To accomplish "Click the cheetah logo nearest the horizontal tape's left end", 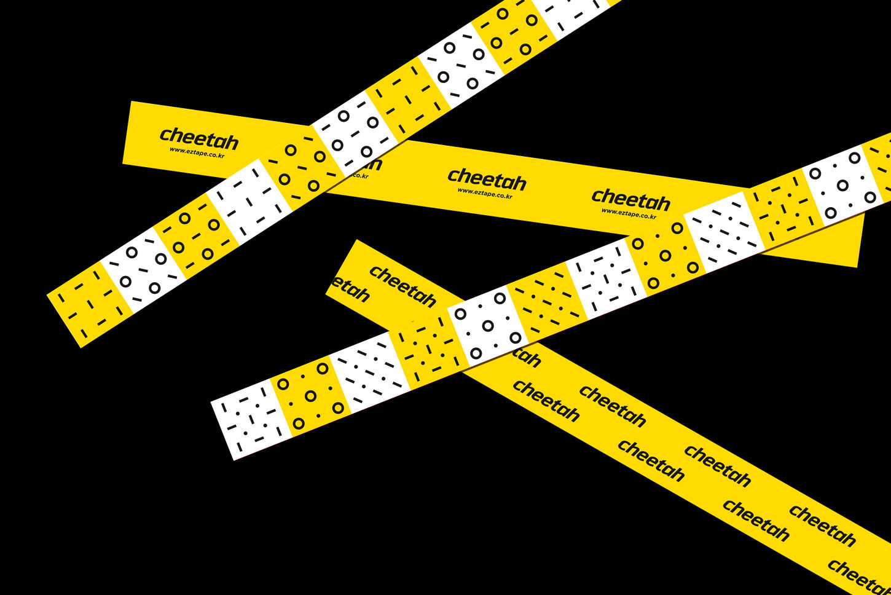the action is [x=198, y=139].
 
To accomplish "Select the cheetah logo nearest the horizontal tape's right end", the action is [x=630, y=200].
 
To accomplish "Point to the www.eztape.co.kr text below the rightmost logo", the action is [x=629, y=213].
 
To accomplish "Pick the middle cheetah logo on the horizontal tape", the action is [x=487, y=179].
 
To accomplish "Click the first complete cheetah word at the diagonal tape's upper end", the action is [x=402, y=286].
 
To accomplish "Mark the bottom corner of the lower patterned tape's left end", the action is [x=234, y=459].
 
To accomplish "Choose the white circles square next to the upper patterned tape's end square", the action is [x=143, y=270].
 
